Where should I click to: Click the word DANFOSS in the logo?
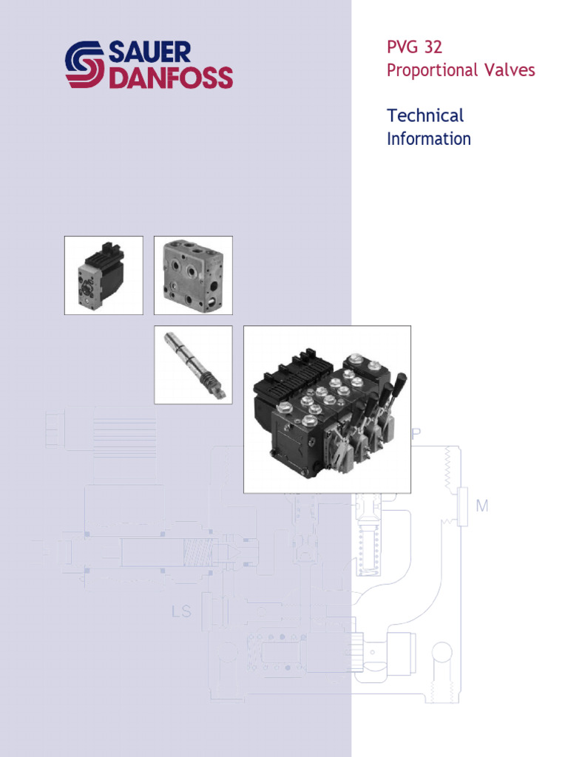pos(171,78)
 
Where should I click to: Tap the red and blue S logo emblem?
pos(85,65)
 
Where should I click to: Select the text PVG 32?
pos(414,48)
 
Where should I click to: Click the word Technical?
pos(425,115)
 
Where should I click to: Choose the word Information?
pos(429,139)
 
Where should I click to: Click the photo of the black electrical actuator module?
pos(104,276)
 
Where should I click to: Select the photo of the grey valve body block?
pos(192,276)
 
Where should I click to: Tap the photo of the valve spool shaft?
pos(192,364)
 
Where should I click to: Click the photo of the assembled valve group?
pos(327,409)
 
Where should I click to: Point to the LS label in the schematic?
pos(180,611)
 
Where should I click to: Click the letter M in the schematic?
pos(482,506)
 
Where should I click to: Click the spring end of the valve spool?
pos(212,385)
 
